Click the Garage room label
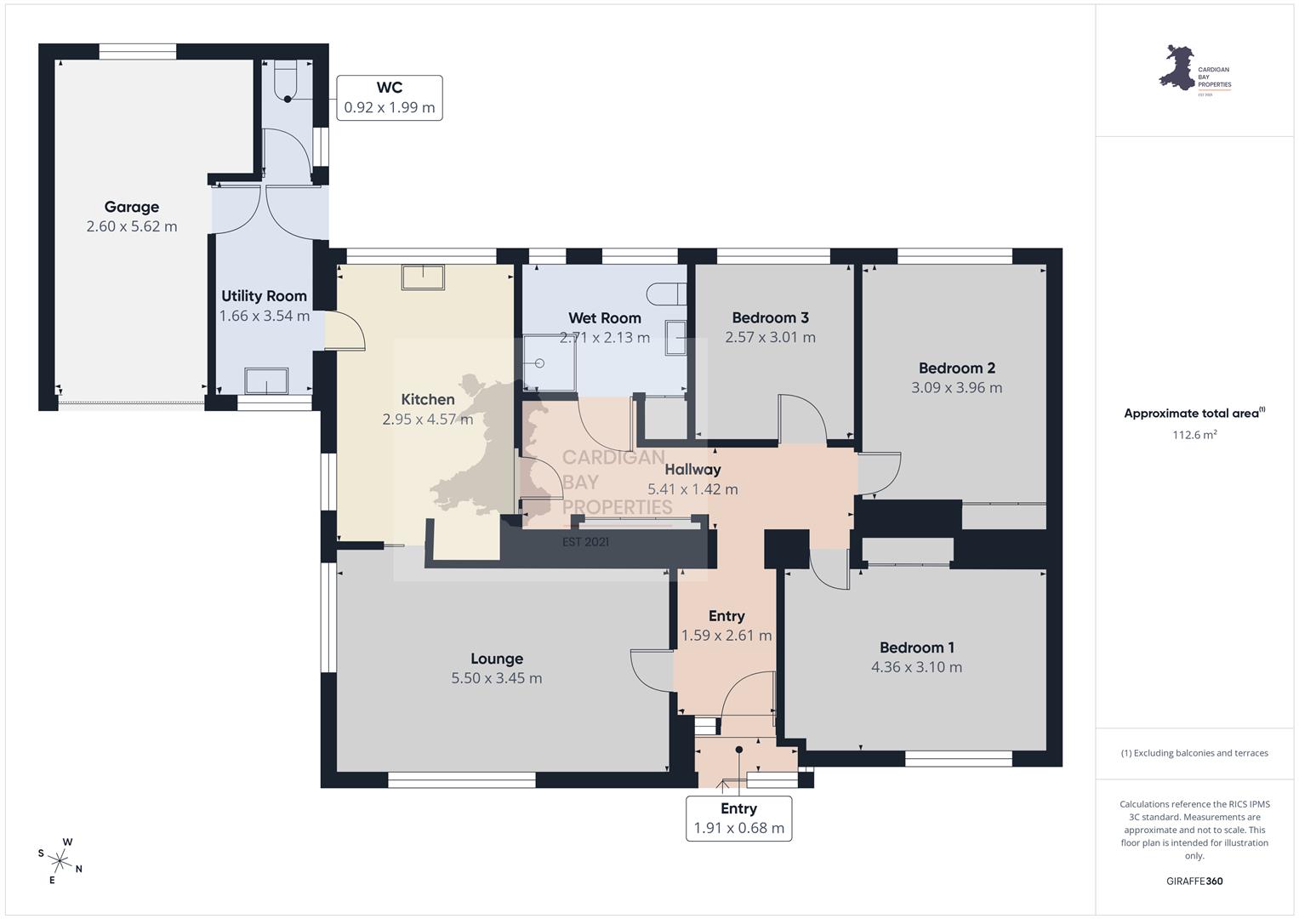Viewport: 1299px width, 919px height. click(x=132, y=207)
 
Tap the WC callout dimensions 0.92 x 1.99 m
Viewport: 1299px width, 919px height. click(x=389, y=107)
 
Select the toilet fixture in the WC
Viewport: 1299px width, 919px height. click(x=285, y=81)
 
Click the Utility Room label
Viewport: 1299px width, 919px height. click(x=264, y=296)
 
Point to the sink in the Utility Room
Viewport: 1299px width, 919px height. click(x=266, y=381)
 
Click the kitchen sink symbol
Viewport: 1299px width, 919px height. click(x=423, y=277)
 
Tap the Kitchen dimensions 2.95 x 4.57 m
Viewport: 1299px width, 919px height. click(x=427, y=419)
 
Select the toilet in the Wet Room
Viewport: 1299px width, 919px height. click(x=666, y=294)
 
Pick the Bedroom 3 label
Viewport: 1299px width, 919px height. click(x=770, y=317)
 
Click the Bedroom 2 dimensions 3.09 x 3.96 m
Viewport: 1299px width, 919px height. click(x=956, y=387)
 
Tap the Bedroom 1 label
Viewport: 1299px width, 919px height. click(x=916, y=648)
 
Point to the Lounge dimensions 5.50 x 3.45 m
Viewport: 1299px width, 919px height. click(x=497, y=678)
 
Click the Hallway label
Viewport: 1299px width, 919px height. click(x=692, y=470)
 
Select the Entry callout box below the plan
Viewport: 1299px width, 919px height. click(x=738, y=818)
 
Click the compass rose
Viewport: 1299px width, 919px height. click(x=60, y=861)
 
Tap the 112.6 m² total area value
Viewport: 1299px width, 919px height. click(x=1194, y=435)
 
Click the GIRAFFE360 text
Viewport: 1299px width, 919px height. click(x=1194, y=881)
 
